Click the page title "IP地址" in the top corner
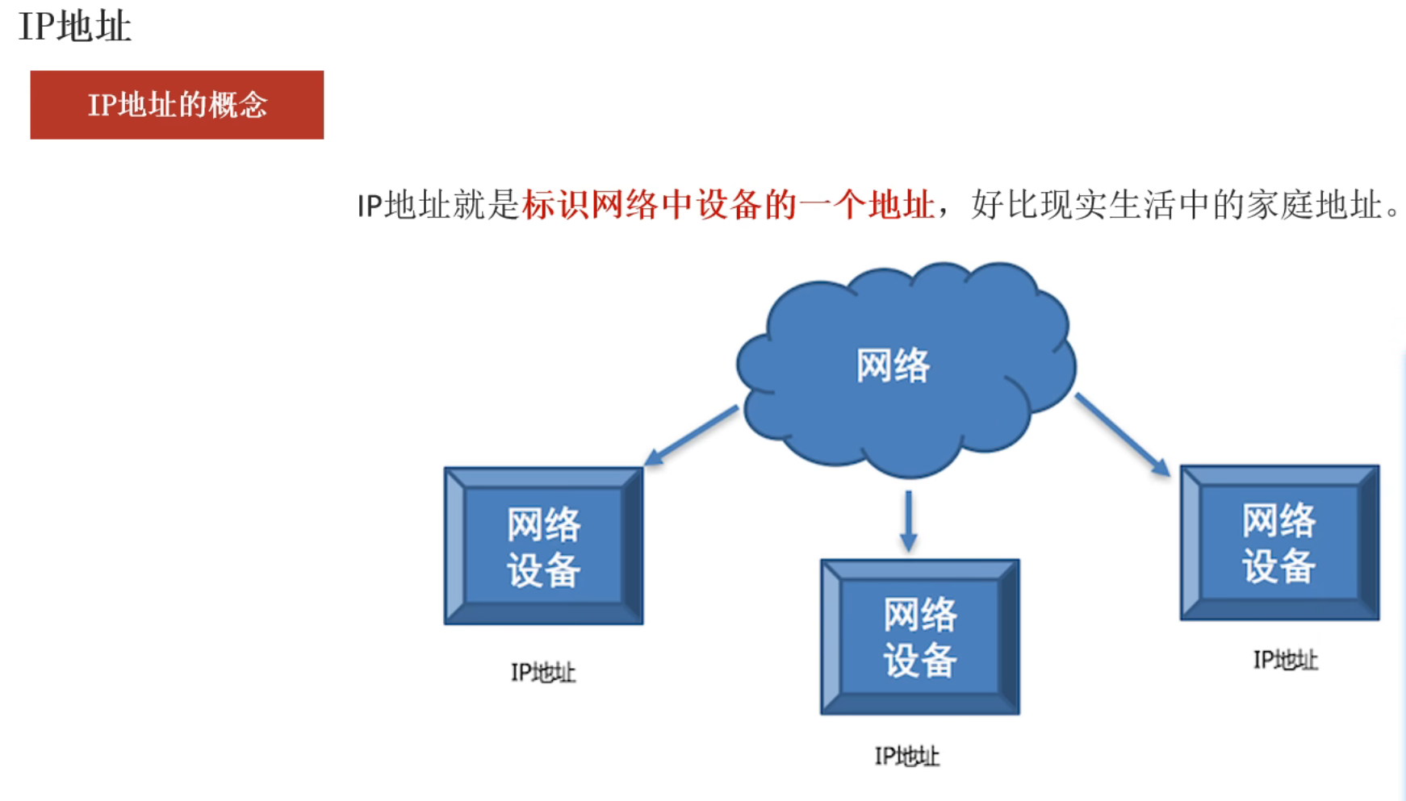tap(74, 27)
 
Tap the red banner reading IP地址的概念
tap(177, 105)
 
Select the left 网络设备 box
tap(543, 546)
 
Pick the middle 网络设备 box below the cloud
tap(920, 637)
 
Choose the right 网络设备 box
tap(1279, 543)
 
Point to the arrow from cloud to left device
tap(692, 436)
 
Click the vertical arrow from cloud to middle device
tap(909, 520)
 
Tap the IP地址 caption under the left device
tap(543, 673)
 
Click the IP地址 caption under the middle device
tap(907, 757)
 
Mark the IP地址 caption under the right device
tap(1285, 661)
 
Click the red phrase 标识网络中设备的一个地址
tap(728, 205)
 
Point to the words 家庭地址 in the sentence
tap(1314, 205)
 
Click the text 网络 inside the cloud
tap(893, 365)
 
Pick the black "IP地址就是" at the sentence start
tap(438, 205)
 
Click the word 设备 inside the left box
tap(543, 570)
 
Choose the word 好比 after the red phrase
tap(1005, 205)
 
